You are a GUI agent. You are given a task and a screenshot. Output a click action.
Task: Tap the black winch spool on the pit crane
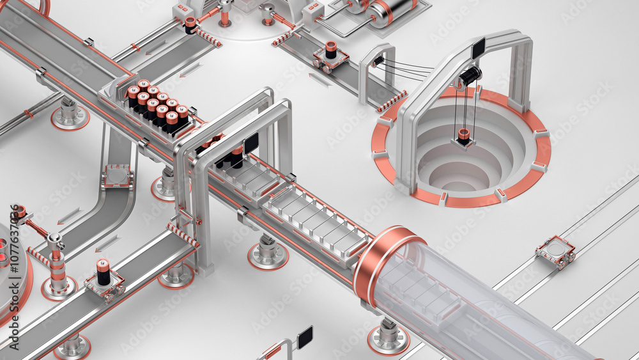point(470,76)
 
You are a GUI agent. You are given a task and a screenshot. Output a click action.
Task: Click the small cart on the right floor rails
point(555,251)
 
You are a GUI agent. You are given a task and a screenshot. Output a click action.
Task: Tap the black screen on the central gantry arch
point(250,143)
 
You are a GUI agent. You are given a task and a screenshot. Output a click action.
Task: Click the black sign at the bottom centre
point(305,336)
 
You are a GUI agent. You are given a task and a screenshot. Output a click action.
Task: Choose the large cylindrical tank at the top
point(389,12)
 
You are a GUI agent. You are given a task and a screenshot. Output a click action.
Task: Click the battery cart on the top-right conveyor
point(330,57)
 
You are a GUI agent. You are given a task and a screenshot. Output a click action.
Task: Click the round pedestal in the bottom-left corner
point(72,348)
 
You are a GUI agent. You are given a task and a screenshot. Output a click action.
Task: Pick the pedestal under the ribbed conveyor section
point(268,253)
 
